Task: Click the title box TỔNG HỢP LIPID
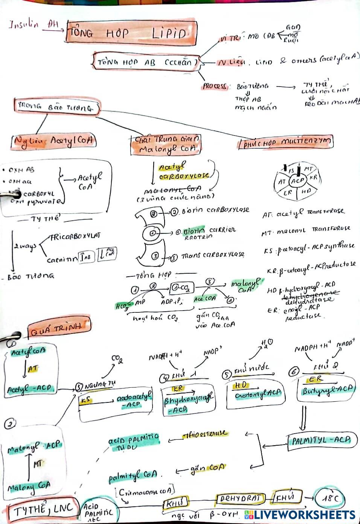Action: click(x=132, y=33)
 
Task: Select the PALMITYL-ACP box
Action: click(x=321, y=440)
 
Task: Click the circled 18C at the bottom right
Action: click(x=330, y=499)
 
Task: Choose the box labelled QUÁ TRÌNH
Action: click(x=59, y=327)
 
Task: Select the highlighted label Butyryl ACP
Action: click(x=328, y=390)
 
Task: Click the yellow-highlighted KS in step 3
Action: click(x=86, y=400)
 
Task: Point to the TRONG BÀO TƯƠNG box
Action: click(x=56, y=107)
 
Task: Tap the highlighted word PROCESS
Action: click(x=215, y=86)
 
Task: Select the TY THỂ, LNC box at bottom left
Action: click(x=43, y=510)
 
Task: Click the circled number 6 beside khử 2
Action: click(x=293, y=372)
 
